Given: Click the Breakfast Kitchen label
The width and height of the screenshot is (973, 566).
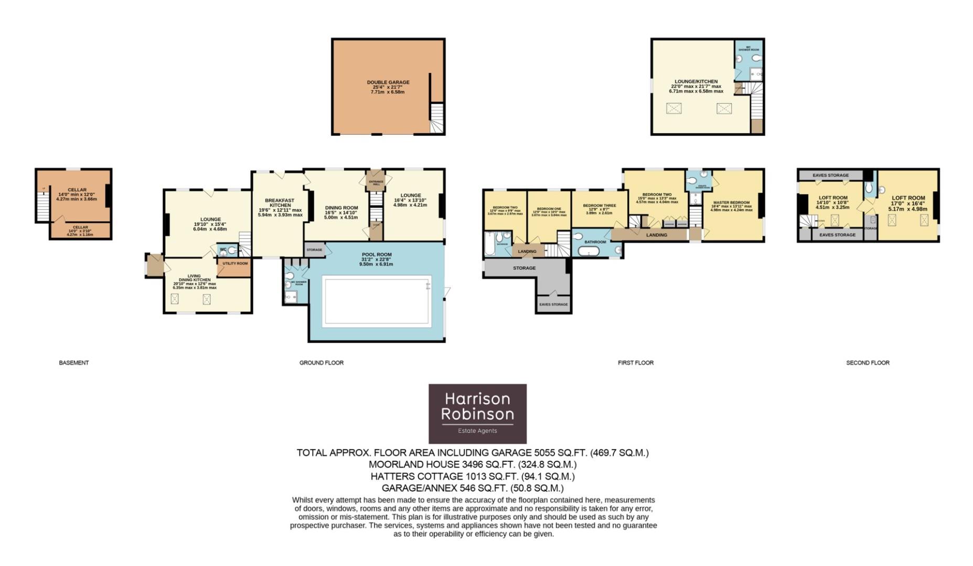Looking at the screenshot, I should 280,203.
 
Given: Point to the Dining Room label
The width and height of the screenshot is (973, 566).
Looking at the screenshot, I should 341,208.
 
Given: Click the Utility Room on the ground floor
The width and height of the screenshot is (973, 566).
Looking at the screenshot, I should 234,264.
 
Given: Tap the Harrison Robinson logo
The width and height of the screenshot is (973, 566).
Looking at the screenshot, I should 477,413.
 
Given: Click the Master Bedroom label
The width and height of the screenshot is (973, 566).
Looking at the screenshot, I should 731,203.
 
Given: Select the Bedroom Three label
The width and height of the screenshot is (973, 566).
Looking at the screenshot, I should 600,205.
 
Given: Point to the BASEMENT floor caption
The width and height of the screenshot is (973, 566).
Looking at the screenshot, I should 74,363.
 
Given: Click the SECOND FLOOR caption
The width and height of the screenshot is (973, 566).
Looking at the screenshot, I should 868,363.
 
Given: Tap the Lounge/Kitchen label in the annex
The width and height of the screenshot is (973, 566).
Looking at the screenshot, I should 696,82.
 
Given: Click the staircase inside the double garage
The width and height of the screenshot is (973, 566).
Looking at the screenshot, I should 436,118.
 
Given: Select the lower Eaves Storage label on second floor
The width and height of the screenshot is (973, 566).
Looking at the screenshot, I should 837,235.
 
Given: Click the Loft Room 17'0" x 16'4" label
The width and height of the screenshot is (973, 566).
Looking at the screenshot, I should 908,198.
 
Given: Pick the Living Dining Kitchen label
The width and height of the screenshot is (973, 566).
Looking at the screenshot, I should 195,278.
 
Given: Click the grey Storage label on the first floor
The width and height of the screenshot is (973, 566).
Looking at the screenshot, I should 524,268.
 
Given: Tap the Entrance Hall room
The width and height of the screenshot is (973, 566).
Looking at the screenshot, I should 376,182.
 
